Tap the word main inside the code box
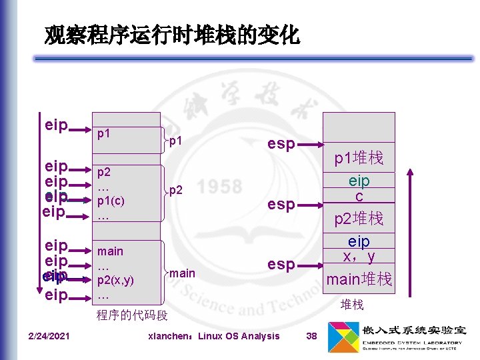(110, 251)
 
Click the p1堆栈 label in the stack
(359, 159)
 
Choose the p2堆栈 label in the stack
(359, 219)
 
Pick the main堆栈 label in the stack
(359, 279)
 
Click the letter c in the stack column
(359, 197)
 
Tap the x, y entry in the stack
(359, 257)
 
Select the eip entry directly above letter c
(359, 181)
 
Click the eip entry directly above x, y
(359, 241)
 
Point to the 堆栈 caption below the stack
(352, 305)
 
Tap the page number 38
(311, 336)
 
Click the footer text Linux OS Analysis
(239, 336)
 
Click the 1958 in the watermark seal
(219, 187)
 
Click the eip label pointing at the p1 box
(56, 125)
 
